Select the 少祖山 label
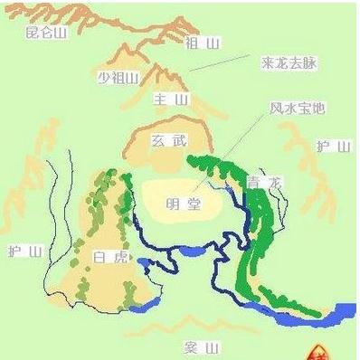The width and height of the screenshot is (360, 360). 118,78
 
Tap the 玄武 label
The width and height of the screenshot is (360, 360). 168,141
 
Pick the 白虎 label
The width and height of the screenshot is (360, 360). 106,257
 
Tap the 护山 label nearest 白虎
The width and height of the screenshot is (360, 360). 24,251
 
